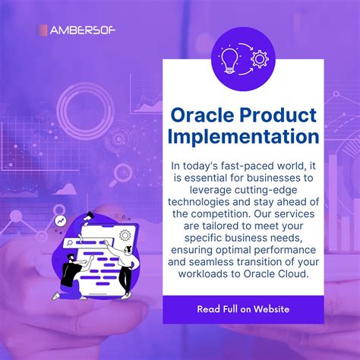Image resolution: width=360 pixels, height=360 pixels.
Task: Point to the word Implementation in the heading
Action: [x=244, y=137]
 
